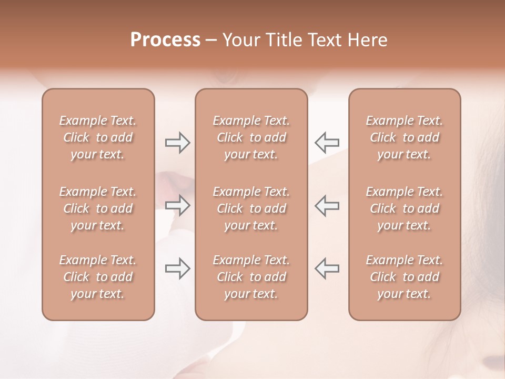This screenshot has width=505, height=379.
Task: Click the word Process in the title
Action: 165,40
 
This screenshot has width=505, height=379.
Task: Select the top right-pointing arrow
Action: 177,143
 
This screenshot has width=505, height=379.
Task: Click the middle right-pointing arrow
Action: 177,205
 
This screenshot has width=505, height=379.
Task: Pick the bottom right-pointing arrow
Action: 177,268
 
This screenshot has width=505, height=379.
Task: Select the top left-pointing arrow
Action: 327,142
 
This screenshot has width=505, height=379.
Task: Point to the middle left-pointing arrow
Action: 327,205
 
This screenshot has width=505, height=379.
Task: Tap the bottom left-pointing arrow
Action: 327,268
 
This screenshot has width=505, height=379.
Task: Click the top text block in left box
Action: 98,137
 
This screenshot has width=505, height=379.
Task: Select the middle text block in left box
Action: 98,208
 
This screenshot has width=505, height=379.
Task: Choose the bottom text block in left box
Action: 98,277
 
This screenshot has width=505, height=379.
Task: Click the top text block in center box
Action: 251,137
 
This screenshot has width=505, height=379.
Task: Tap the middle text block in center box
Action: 251,208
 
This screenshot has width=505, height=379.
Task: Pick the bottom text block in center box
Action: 251,277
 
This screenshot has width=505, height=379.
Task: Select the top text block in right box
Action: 404,137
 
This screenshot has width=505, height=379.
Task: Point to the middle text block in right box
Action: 404,208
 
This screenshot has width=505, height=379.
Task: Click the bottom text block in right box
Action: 404,277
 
